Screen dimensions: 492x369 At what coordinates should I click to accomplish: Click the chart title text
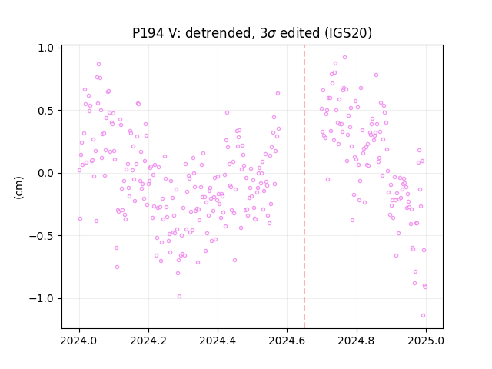pyautogui.click(x=252, y=32)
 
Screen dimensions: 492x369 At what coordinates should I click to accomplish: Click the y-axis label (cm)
pyautogui.click(x=18, y=188)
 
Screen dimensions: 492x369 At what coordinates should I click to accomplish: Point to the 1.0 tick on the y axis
pyautogui.click(x=46, y=48)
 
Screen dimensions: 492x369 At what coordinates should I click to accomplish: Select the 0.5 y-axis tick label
pyautogui.click(x=46, y=111)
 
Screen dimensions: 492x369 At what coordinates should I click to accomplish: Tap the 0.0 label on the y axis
pyautogui.click(x=46, y=173)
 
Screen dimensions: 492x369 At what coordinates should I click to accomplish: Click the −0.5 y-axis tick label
pyautogui.click(x=42, y=236)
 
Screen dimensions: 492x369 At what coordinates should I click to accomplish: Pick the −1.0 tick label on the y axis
pyautogui.click(x=42, y=298)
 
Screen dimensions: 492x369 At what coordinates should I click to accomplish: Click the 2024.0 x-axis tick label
pyautogui.click(x=79, y=341)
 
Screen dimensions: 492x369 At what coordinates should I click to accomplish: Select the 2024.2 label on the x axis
pyautogui.click(x=148, y=341)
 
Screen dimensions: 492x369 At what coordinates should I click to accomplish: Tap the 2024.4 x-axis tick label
pyautogui.click(x=218, y=341)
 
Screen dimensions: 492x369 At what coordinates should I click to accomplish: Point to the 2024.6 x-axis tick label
pyautogui.click(x=287, y=341)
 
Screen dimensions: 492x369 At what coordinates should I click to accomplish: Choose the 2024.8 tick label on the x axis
pyautogui.click(x=357, y=341)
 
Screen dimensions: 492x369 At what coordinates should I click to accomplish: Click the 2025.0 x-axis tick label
pyautogui.click(x=426, y=341)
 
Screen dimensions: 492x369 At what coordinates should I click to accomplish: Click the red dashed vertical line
pyautogui.click(x=304, y=187)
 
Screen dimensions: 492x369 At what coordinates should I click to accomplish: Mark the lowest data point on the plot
pyautogui.click(x=423, y=316)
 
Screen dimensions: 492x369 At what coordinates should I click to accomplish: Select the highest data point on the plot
pyautogui.click(x=345, y=58)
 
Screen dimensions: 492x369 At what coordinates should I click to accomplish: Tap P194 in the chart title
pyautogui.click(x=148, y=32)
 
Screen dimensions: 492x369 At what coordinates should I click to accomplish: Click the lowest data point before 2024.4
pyautogui.click(x=179, y=297)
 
